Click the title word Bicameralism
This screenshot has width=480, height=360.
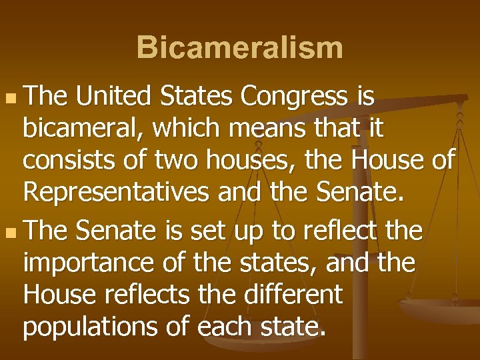(240, 48)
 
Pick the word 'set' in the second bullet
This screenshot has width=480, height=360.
(208, 232)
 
